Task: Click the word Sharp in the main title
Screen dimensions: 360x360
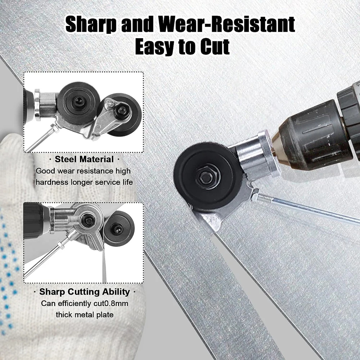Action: coord(91,24)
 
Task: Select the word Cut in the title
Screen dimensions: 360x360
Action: coord(215,46)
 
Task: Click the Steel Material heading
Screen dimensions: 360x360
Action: coord(84,159)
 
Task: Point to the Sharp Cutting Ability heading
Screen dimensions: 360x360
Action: coord(85,292)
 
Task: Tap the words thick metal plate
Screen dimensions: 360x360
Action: coord(85,315)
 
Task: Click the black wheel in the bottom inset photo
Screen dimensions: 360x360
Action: coord(119,229)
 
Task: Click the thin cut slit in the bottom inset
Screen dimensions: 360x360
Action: coord(104,266)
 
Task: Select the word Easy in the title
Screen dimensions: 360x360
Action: coord(156,47)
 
